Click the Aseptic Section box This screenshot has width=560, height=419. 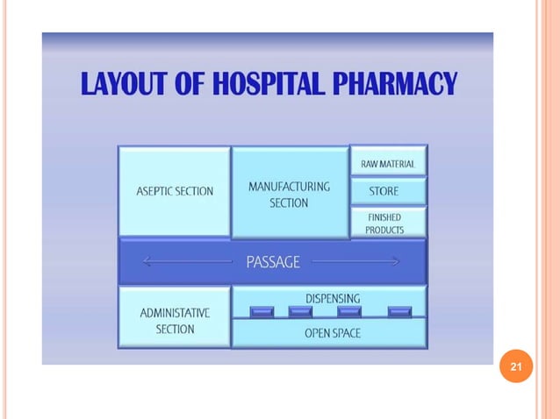click(174, 191)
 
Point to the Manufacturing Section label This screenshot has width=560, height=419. click(289, 195)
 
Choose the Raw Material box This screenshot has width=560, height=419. click(388, 164)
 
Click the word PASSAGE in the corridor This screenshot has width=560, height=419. click(273, 261)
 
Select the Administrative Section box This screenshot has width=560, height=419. click(174, 320)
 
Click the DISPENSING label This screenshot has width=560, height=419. click(333, 298)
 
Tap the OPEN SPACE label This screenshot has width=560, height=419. click(333, 333)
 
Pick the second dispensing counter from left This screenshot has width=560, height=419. click(300, 311)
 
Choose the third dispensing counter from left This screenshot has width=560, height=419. click(349, 311)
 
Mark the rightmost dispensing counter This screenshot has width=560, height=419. click(399, 311)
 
